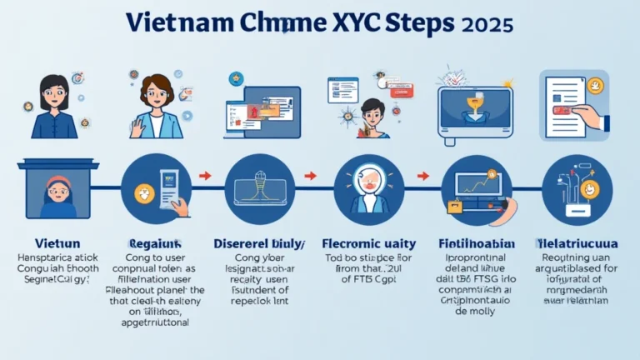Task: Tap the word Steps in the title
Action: coord(417,22)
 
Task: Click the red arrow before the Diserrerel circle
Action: coord(207,176)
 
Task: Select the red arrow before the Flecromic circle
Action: coord(310,176)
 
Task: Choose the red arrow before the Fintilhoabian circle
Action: coord(422,176)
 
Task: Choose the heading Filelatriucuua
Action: coord(577,243)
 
